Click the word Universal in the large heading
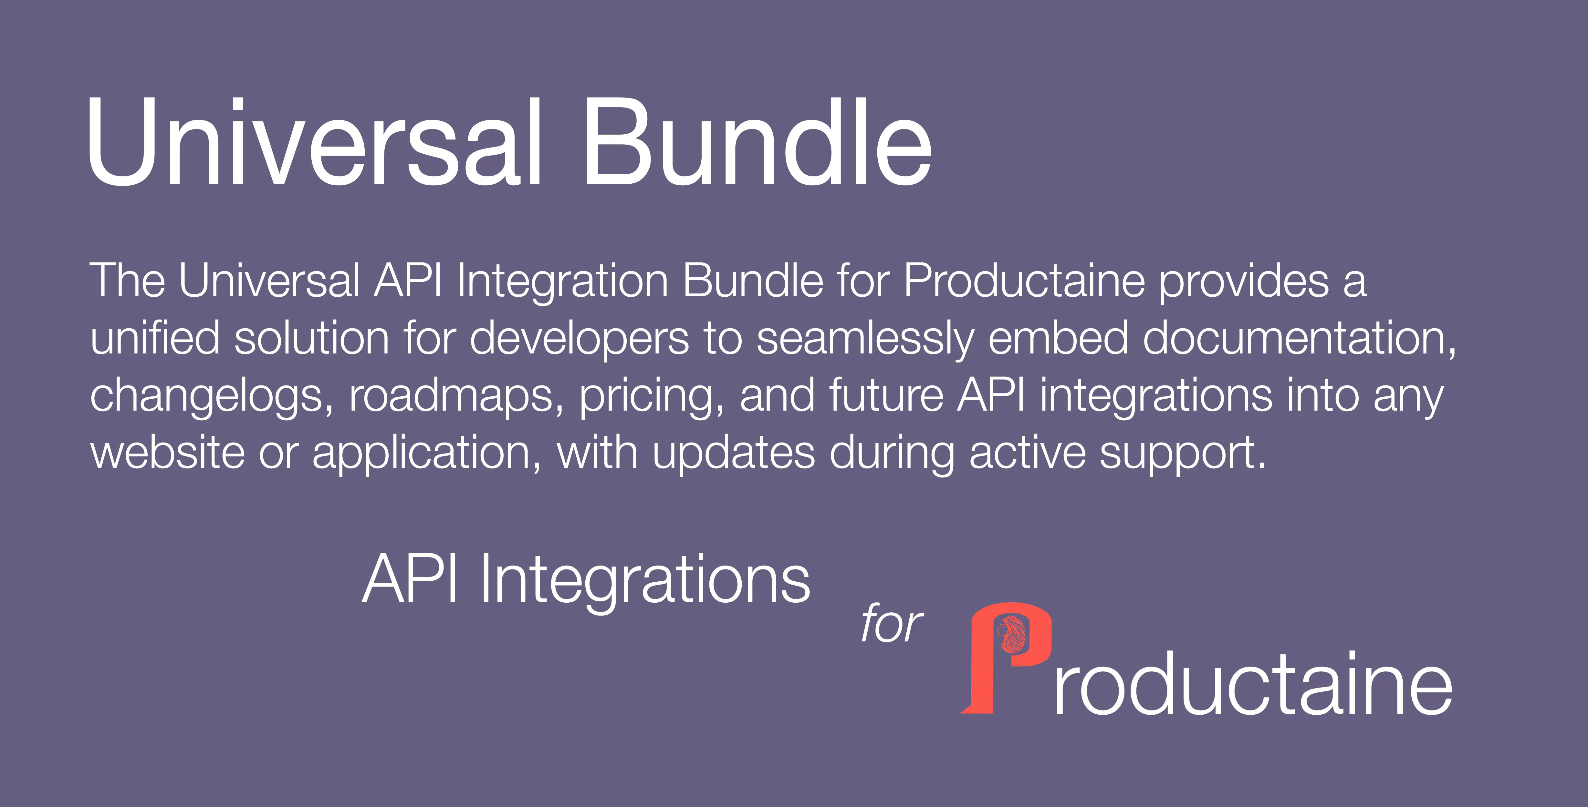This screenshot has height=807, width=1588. tap(314, 143)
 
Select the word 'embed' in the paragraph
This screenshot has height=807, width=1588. tap(1058, 339)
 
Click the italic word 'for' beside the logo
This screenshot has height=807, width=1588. tap(892, 624)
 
